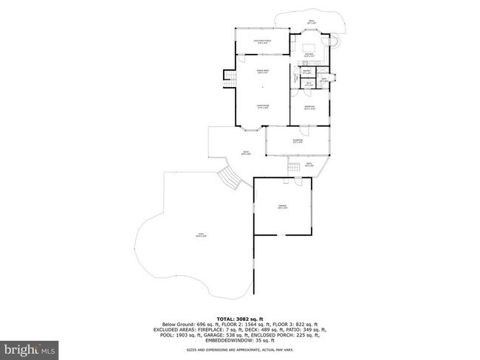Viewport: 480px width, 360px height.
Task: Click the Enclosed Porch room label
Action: coord(261,42)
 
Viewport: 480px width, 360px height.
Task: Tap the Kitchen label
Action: coord(309,55)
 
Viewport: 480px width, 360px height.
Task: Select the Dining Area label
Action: coord(261,72)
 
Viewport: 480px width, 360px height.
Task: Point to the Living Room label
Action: coord(261,107)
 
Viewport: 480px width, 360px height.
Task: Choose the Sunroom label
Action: coord(297,142)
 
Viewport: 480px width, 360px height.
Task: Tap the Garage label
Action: coord(282,207)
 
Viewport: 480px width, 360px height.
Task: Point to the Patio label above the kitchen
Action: coord(311,22)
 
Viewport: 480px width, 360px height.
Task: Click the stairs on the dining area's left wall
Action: coord(228,80)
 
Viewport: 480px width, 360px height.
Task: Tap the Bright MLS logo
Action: coord(30,347)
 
